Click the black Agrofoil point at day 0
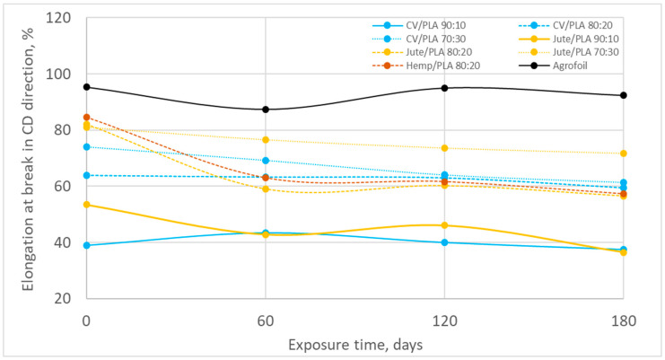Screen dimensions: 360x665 point(86,87)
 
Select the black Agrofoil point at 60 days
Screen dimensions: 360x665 point(265,110)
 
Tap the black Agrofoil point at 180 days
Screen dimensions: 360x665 point(623,95)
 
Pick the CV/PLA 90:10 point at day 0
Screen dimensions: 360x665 point(86,245)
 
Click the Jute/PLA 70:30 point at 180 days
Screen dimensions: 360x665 point(623,154)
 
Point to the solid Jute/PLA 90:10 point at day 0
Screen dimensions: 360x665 point(86,205)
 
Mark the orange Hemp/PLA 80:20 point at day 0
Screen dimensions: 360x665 point(86,117)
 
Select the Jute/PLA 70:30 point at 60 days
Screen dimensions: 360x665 point(265,140)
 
